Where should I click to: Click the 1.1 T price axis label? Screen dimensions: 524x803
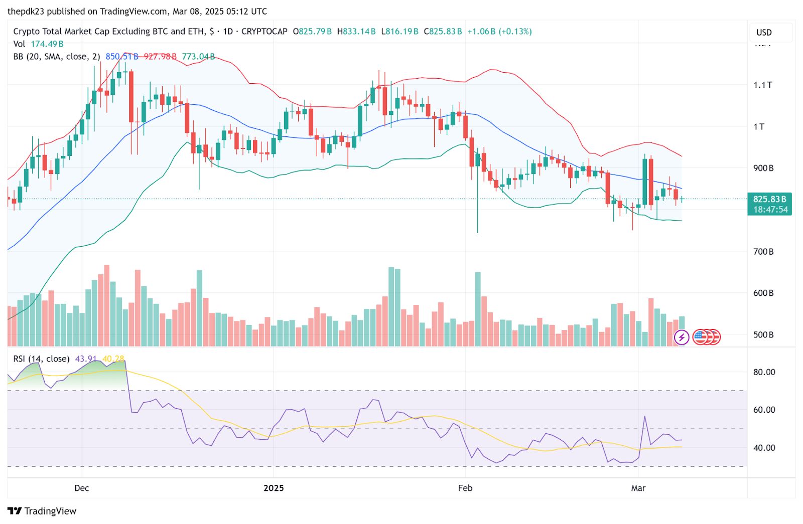[x=762, y=85]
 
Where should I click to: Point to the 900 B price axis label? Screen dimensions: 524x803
[x=763, y=168]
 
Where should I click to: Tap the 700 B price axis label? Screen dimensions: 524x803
[x=763, y=251]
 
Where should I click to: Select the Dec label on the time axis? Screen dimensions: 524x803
[x=81, y=488]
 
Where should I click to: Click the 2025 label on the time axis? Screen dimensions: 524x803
[x=274, y=488]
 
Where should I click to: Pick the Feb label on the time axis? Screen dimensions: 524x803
[x=465, y=488]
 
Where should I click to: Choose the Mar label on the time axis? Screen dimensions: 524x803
[x=638, y=488]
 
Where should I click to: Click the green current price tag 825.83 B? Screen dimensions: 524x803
[x=769, y=199]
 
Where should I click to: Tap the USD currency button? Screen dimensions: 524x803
[x=764, y=33]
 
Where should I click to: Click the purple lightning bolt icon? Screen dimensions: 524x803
[x=681, y=337]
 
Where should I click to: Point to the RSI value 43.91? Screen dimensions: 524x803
[x=85, y=359]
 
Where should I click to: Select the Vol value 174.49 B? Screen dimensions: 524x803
[x=47, y=44]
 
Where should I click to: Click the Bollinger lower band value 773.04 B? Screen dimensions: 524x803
[x=198, y=57]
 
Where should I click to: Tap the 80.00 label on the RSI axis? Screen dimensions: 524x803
[x=764, y=372]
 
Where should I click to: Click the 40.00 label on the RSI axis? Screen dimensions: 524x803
[x=764, y=448]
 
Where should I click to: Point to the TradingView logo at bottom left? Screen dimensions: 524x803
[x=42, y=511]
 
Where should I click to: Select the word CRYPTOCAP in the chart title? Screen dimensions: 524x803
[x=264, y=32]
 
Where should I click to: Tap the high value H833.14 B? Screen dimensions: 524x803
[x=356, y=32]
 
